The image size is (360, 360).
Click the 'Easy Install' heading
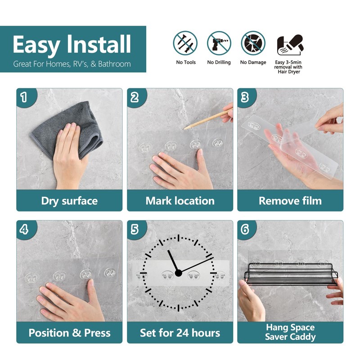[x=72, y=45]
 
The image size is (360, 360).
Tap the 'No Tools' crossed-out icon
[x=185, y=43]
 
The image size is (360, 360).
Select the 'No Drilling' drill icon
[x=219, y=43]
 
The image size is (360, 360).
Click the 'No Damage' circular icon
[x=253, y=43]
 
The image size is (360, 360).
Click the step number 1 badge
[x=23, y=96]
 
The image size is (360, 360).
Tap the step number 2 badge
[x=134, y=96]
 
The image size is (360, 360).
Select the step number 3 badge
[x=245, y=96]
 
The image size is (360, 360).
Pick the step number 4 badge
[x=23, y=229]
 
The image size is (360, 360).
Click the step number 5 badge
[x=134, y=229]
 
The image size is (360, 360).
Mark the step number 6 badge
[x=245, y=229]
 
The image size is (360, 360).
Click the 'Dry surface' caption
[x=69, y=201]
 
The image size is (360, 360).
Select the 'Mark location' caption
[x=180, y=201]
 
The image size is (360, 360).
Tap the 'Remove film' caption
[x=290, y=201]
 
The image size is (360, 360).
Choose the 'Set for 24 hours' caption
[x=180, y=333]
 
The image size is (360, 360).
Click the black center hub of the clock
[x=179, y=272]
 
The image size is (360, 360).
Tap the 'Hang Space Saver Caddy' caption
[x=290, y=333]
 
